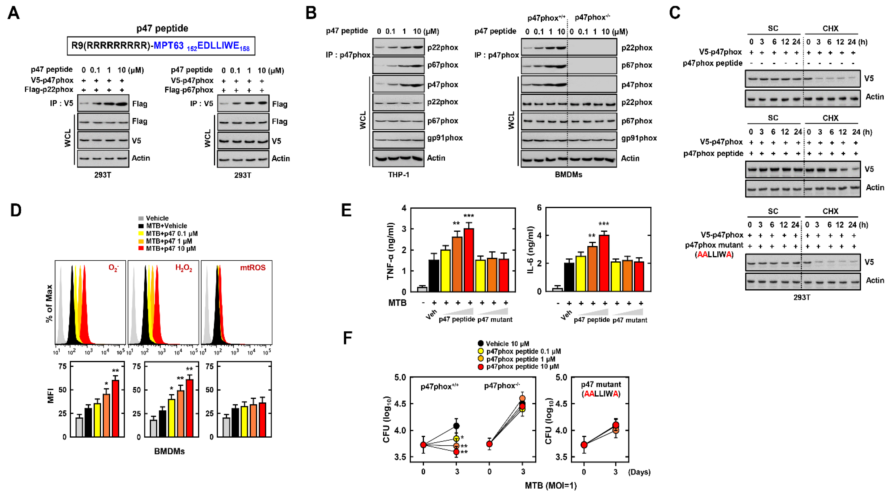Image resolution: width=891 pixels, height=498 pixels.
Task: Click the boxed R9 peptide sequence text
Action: tap(161, 46)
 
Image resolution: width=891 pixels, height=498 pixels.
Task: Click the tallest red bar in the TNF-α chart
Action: tap(469, 260)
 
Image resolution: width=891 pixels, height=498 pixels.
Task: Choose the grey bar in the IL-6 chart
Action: tap(557, 289)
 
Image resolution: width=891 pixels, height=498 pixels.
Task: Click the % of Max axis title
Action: tap(49, 303)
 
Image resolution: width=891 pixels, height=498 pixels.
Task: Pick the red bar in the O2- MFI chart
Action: tap(115, 408)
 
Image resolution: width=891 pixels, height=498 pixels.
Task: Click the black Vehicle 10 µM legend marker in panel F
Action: tap(481, 344)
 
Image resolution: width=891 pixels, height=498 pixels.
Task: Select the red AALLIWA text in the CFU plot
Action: tap(601, 394)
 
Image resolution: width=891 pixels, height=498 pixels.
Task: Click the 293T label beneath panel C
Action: tap(801, 297)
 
